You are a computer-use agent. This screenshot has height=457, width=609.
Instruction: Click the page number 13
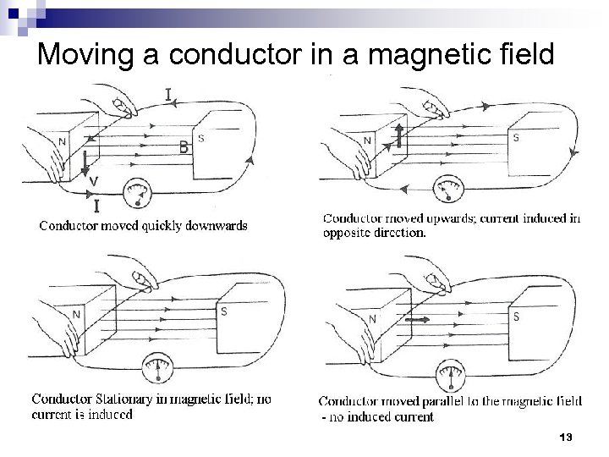pyautogui.click(x=566, y=437)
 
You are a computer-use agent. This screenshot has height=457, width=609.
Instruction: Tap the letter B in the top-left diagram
pyautogui.click(x=184, y=146)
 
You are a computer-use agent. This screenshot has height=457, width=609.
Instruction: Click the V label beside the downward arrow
pyautogui.click(x=95, y=181)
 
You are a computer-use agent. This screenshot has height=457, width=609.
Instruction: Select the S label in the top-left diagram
pyautogui.click(x=200, y=136)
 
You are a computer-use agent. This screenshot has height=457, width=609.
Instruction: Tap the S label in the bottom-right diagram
pyautogui.click(x=516, y=316)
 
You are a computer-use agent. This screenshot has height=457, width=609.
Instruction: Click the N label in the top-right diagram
pyautogui.click(x=367, y=140)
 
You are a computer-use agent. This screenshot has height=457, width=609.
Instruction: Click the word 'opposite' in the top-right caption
pyautogui.click(x=346, y=234)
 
